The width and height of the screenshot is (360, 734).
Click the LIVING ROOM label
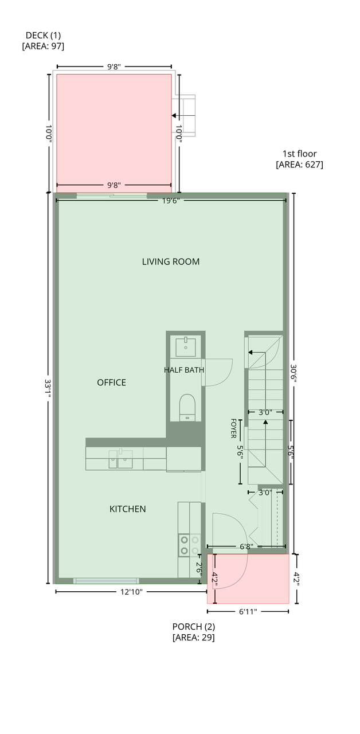pos(171,261)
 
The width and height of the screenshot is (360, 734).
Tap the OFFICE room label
pos(111,382)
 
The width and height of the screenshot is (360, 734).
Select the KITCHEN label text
pos(127,509)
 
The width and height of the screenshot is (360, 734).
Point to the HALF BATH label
pos(184,370)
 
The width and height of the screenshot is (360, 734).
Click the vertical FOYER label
pos(233,428)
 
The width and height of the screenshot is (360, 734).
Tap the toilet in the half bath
pos(187,407)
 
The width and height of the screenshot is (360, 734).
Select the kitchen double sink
pos(120,459)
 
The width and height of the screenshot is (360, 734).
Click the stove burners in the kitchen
pos(190,545)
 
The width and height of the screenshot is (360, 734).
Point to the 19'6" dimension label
pos(171,201)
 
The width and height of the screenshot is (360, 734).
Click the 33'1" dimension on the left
pos(48,389)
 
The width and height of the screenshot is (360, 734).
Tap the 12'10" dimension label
pos(131,592)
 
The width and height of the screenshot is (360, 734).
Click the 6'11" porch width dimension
pos(248,611)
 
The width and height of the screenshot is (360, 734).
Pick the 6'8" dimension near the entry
pos(246,546)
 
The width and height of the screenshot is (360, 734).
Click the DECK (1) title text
pos(43,35)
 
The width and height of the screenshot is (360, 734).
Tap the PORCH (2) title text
pos(194,627)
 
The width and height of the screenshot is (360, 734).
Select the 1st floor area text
pos(299,159)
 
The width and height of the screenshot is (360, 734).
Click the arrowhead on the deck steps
pos(174,116)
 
